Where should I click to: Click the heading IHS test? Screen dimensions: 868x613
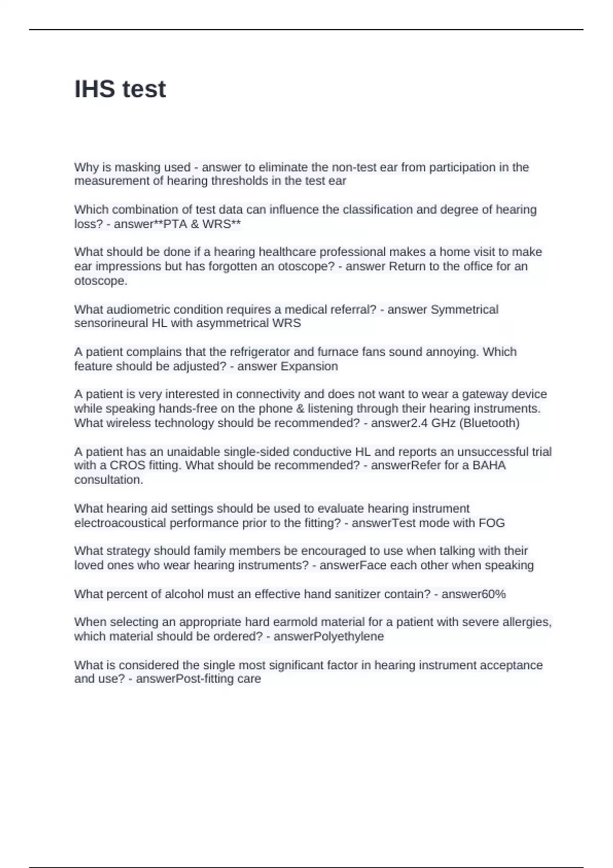tap(120, 89)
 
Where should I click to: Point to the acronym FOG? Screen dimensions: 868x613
tap(491, 523)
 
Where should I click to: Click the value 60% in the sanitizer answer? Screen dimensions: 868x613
tap(493, 594)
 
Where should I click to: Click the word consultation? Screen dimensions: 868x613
tap(108, 480)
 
